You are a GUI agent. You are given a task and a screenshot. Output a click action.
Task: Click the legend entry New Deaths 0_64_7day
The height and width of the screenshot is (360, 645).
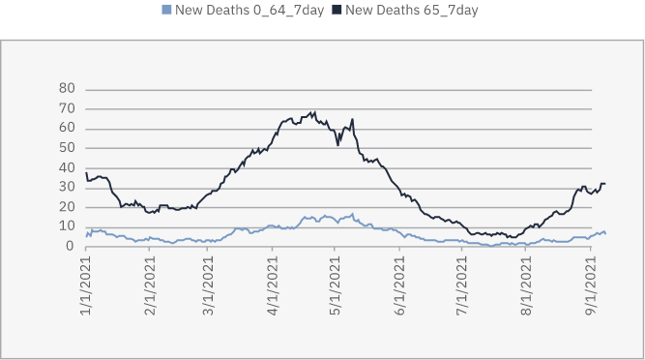coord(236,11)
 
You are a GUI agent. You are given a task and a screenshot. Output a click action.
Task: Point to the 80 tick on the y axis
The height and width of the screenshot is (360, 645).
coord(68,88)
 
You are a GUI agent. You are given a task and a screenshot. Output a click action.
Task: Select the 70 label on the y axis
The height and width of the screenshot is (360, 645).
coord(68,108)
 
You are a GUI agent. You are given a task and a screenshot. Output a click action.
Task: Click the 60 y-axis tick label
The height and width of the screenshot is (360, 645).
coord(68,128)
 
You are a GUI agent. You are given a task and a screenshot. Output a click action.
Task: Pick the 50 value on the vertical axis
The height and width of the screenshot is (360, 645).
coord(68,147)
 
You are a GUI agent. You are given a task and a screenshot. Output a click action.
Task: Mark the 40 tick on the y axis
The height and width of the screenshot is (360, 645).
coord(68,167)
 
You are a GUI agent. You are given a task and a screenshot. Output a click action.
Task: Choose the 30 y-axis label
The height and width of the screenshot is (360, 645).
coord(68,187)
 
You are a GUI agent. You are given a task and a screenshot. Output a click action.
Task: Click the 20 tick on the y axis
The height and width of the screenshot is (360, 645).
coord(68,207)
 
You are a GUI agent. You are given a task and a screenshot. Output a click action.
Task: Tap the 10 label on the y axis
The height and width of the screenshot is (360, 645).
coord(68,226)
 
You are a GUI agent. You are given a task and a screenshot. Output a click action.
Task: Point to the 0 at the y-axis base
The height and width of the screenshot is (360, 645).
coord(72,246)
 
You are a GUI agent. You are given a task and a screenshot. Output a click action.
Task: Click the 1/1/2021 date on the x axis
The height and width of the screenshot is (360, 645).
coord(86,280)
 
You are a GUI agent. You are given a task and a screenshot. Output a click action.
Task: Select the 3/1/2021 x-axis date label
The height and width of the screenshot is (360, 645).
coord(207,280)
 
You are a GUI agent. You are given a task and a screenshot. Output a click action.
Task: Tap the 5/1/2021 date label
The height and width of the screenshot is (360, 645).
coord(335,280)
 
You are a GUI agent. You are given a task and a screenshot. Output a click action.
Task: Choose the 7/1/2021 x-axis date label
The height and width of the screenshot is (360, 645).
coord(461,280)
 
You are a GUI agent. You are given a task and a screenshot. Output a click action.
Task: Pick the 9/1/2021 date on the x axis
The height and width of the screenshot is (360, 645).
coord(590,280)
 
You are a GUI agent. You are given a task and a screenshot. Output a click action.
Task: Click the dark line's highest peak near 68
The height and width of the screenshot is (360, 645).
coord(313,112)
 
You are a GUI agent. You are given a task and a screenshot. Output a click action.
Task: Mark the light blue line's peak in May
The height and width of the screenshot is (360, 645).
coord(353,214)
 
